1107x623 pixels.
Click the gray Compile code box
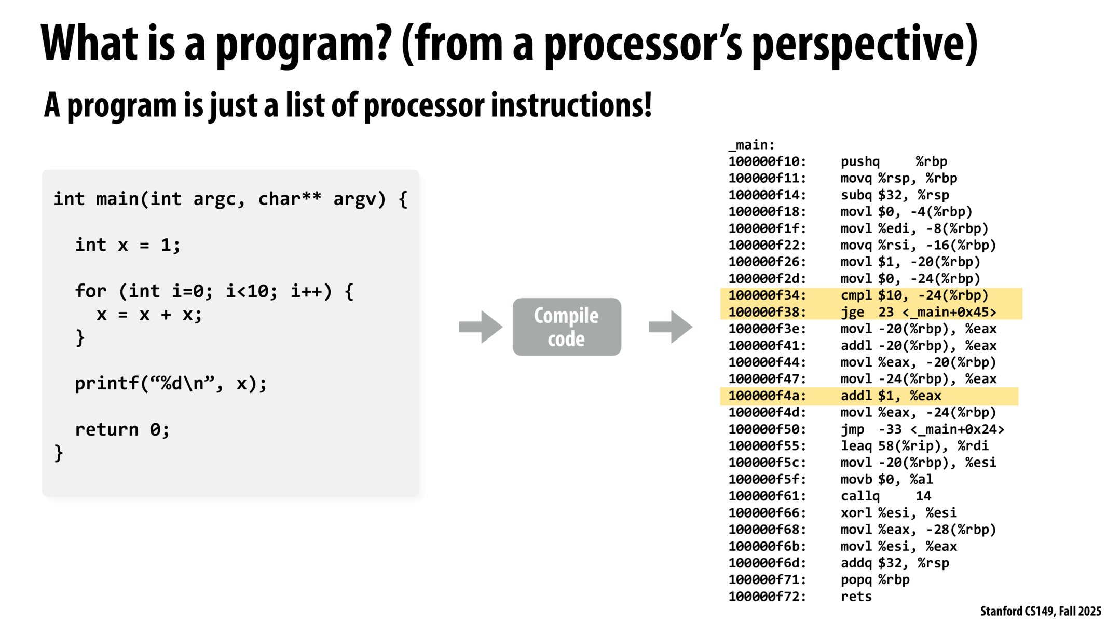566,327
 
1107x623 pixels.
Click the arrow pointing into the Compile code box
481,327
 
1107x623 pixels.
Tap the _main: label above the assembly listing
751,145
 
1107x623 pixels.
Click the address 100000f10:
767,161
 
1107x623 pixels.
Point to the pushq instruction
860,161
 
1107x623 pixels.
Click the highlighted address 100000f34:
767,295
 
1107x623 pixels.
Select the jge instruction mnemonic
852,312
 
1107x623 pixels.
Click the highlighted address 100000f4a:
767,396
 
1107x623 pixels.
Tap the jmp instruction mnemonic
852,429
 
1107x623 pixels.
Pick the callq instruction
860,496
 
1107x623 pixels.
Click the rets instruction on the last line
856,597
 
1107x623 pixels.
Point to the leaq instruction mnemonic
856,446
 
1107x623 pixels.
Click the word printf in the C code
107,384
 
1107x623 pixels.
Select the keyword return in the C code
107,430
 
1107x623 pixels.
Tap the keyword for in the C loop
90,291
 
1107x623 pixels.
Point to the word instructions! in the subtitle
571,105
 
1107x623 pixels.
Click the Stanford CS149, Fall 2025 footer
1040,611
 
